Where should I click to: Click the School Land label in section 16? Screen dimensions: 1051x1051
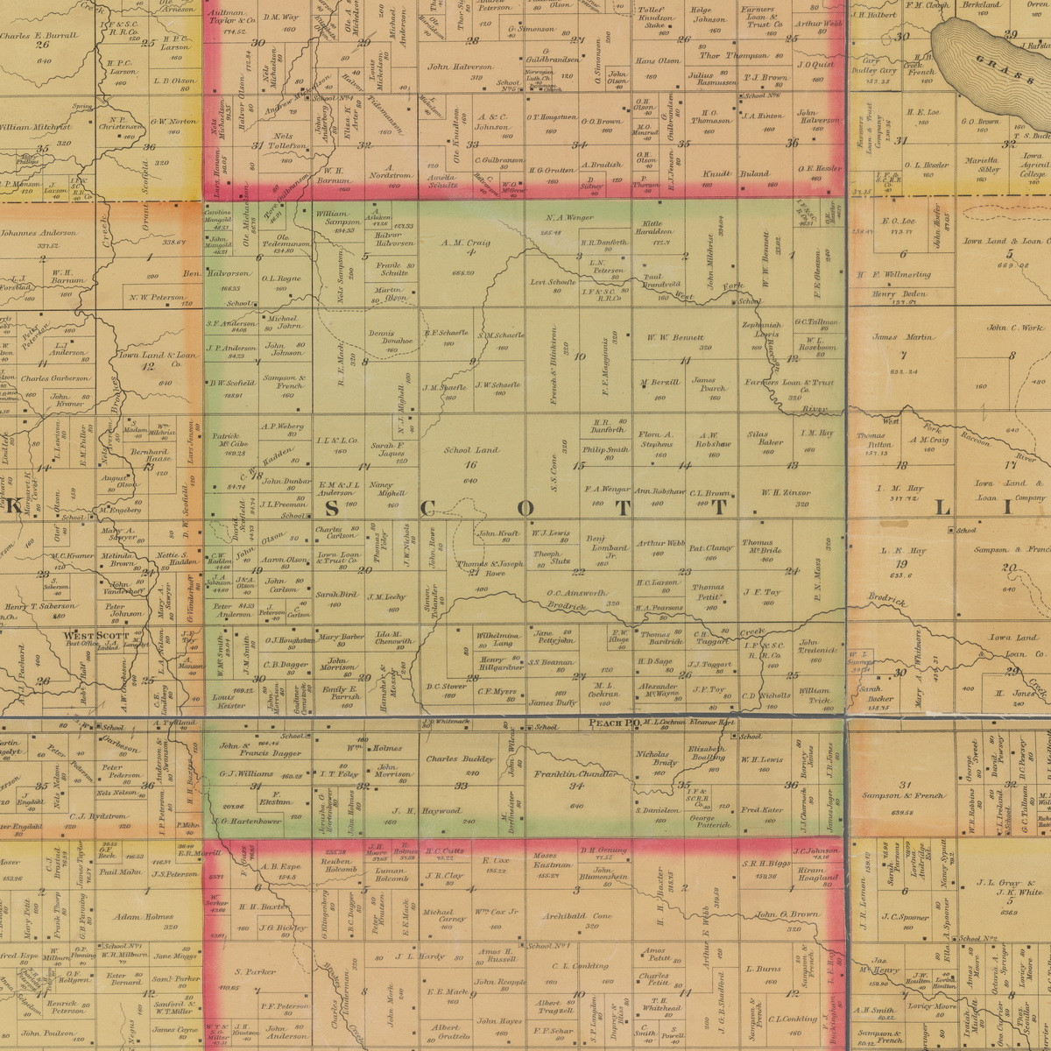pos(471,449)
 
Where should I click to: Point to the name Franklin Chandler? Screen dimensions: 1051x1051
pos(576,774)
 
